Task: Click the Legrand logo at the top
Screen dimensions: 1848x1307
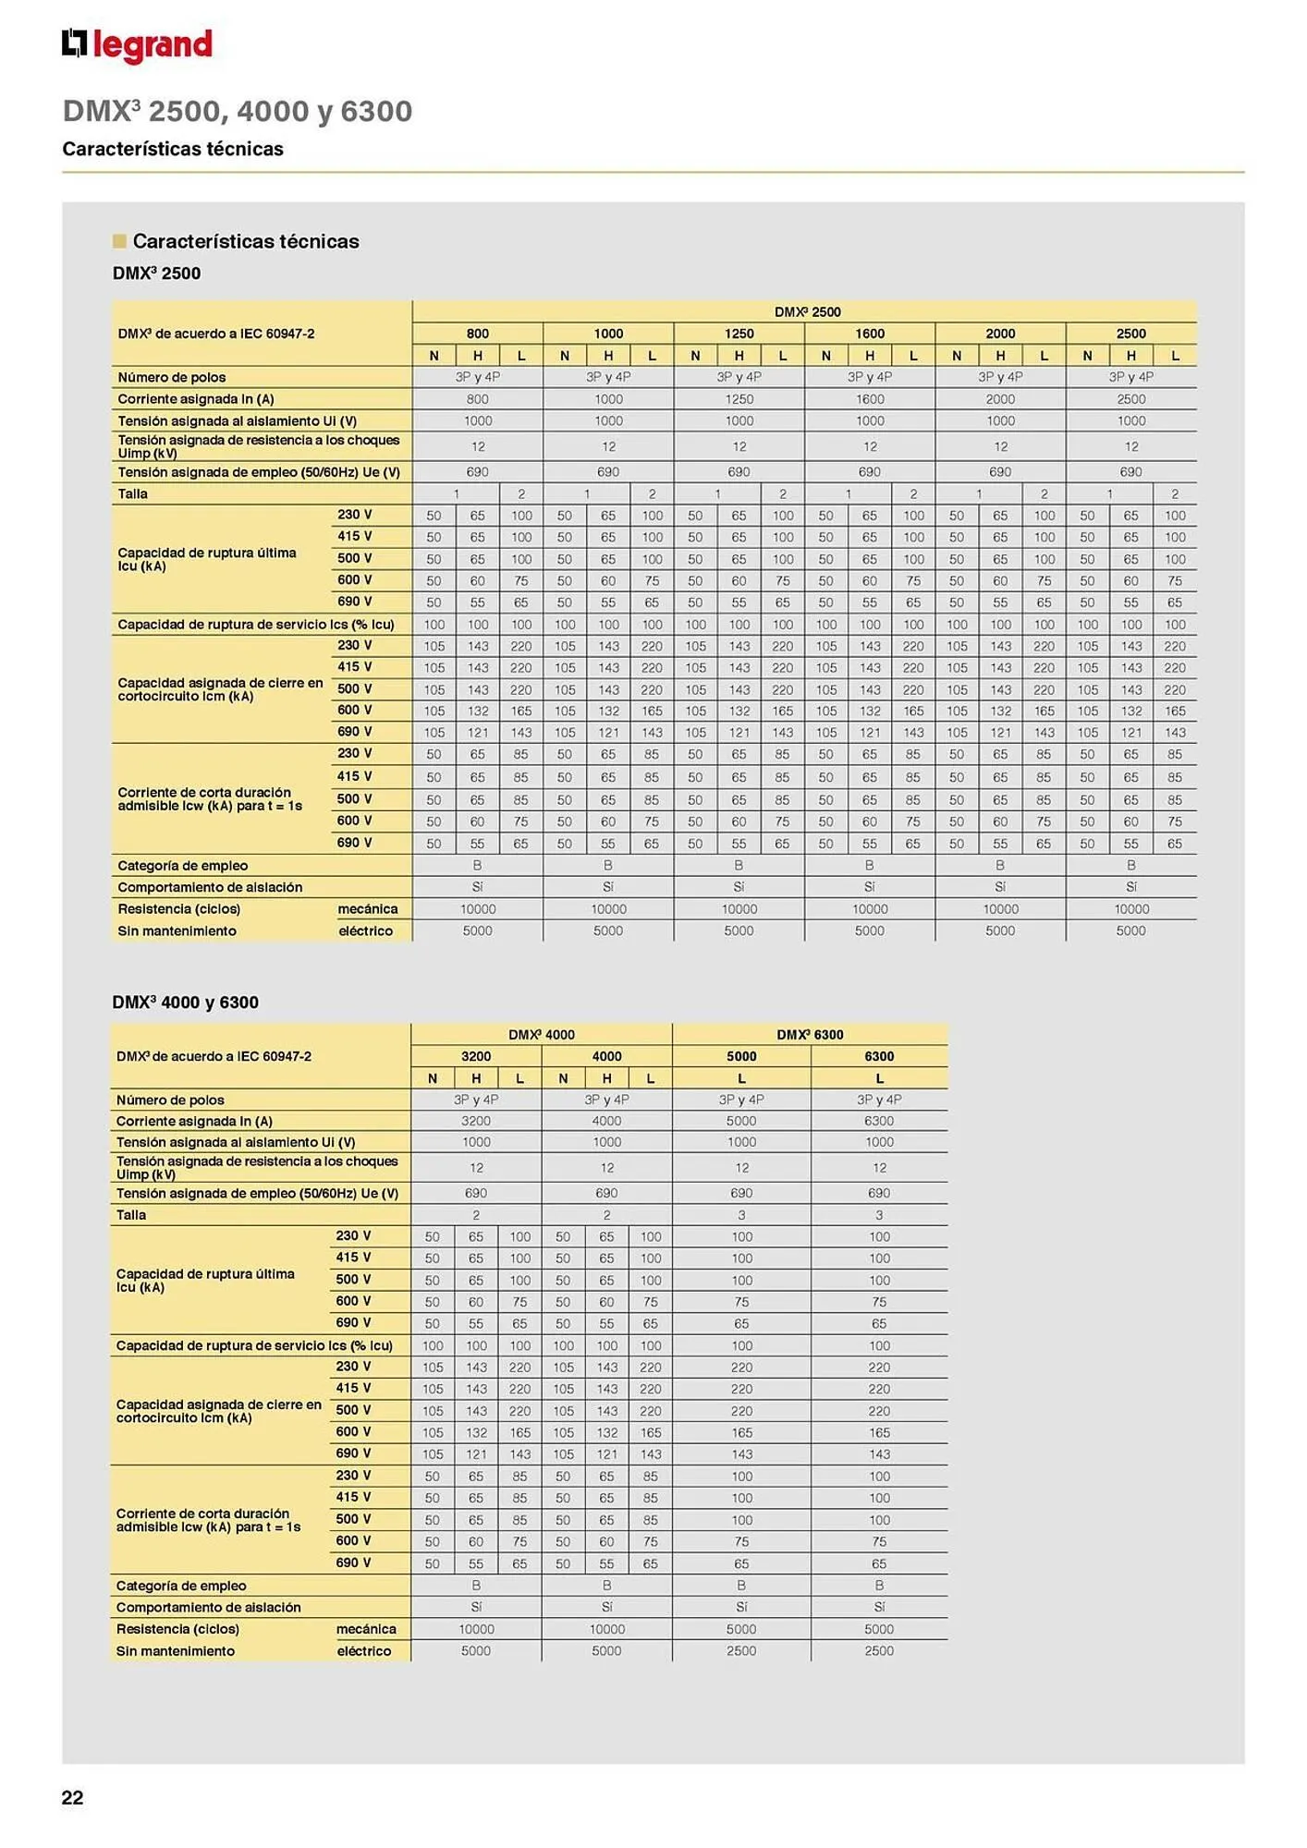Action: pyautogui.click(x=137, y=44)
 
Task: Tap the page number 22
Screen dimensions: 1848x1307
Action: pyautogui.click(x=72, y=1797)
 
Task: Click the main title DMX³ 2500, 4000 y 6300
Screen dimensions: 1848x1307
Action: pyautogui.click(x=238, y=112)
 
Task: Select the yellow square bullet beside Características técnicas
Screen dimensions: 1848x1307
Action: pyautogui.click(x=119, y=241)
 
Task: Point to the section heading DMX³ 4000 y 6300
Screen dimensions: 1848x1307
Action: pyautogui.click(x=185, y=1003)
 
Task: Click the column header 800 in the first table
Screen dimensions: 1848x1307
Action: pyautogui.click(x=478, y=334)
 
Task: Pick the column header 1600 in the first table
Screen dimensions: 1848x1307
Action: pyautogui.click(x=870, y=334)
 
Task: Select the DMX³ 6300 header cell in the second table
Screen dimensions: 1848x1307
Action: pyautogui.click(x=810, y=1035)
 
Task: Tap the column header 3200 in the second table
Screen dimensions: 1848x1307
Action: pyautogui.click(x=476, y=1056)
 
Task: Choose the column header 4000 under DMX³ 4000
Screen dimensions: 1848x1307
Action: pyautogui.click(x=606, y=1056)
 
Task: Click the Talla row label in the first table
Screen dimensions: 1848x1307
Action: pyautogui.click(x=133, y=494)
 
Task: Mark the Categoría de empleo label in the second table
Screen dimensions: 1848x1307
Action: pyautogui.click(x=181, y=1586)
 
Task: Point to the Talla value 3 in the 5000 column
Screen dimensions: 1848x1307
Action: pyautogui.click(x=741, y=1215)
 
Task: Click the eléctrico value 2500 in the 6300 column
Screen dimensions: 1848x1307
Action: pyautogui.click(x=879, y=1650)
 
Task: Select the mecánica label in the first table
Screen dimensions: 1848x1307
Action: pyautogui.click(x=368, y=909)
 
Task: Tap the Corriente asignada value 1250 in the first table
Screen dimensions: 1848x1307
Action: pyautogui.click(x=739, y=399)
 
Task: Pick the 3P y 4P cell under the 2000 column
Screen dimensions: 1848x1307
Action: pyautogui.click(x=1000, y=377)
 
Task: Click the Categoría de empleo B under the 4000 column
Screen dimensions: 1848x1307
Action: pyautogui.click(x=606, y=1586)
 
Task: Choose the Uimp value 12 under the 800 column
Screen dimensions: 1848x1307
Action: pyautogui.click(x=478, y=447)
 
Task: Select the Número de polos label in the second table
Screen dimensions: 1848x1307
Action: pyautogui.click(x=170, y=1100)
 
